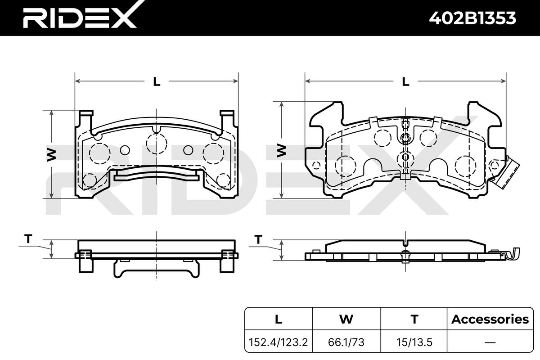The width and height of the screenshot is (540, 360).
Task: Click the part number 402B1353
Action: tap(472, 18)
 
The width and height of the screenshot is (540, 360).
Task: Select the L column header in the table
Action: tap(279, 319)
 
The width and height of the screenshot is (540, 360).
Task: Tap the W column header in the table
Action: tap(346, 319)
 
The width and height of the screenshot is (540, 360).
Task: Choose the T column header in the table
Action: tap(414, 319)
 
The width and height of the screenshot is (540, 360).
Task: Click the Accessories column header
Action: tap(490, 319)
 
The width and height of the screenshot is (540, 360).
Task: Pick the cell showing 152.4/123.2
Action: tap(278, 342)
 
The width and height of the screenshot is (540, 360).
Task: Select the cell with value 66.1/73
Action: tap(346, 342)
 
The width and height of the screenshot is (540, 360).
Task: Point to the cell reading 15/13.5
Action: tap(414, 342)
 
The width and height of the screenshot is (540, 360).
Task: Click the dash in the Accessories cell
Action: tap(490, 342)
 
